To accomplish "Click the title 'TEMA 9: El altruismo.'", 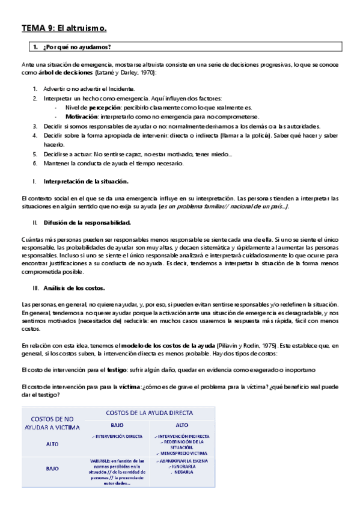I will tap(64, 28).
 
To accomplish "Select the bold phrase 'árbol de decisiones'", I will tap(65, 72).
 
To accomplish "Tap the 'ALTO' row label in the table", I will tap(52, 444).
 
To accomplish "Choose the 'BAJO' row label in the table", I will tap(52, 467).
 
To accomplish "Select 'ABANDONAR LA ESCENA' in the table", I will tap(182, 461).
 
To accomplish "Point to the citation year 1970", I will tap(147, 72).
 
